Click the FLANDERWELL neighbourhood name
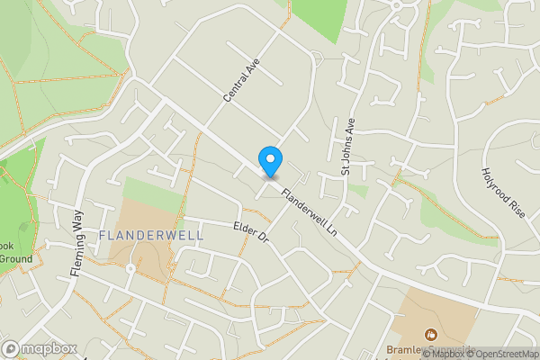click(152, 235)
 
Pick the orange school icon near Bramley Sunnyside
click(429, 335)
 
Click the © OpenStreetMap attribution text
click(501, 354)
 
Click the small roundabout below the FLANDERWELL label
click(130, 268)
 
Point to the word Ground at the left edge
click(15, 259)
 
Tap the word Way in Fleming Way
click(77, 221)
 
